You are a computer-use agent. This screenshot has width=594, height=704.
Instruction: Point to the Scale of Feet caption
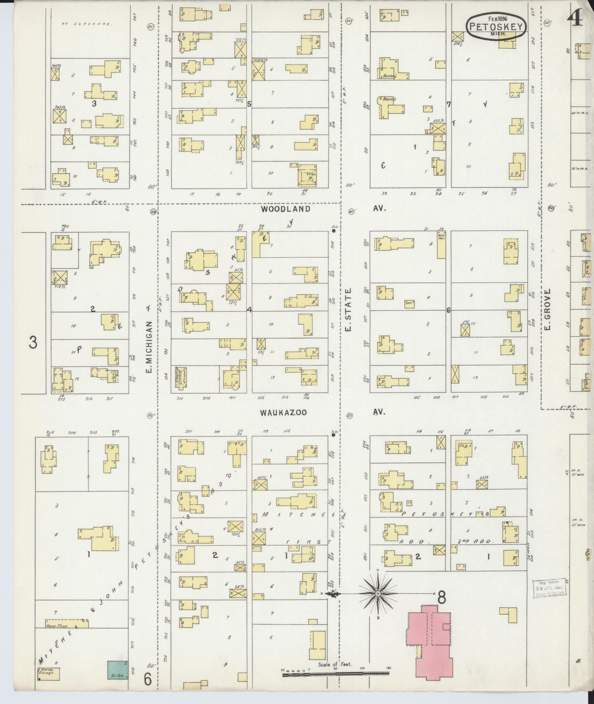tap(334, 664)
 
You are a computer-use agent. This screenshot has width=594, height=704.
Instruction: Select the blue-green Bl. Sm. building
tap(118, 670)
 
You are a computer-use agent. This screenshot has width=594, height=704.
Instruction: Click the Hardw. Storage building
tap(49, 672)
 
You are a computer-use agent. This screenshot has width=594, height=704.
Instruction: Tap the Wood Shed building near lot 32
tap(441, 244)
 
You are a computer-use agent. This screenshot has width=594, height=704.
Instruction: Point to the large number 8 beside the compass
tap(441, 598)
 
